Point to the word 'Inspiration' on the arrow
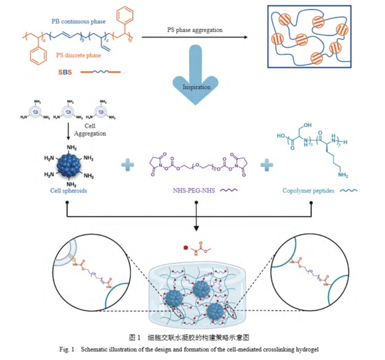tap(196, 87)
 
